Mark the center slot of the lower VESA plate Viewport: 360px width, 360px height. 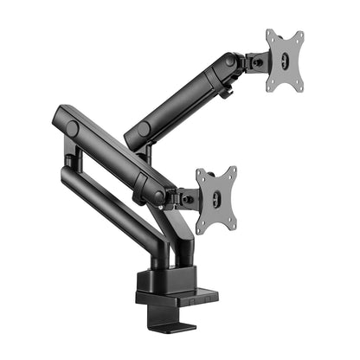[217, 199]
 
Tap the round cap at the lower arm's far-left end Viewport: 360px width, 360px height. [71, 128]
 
